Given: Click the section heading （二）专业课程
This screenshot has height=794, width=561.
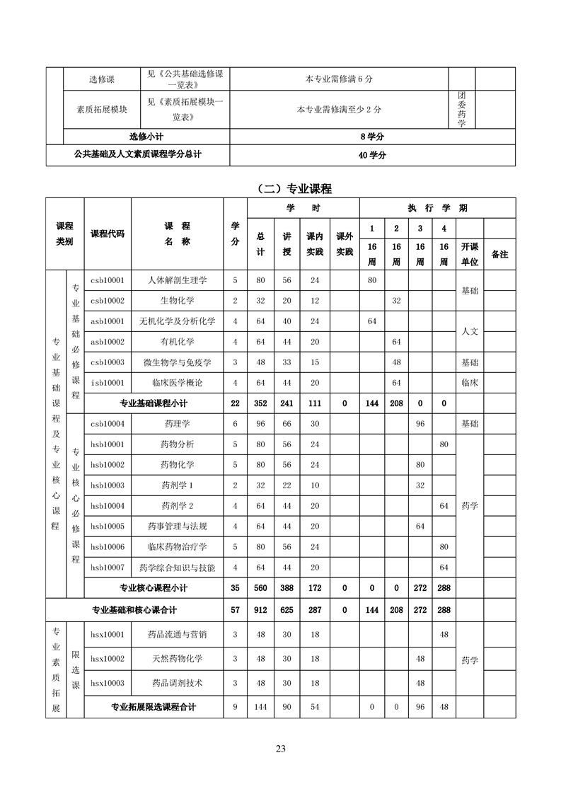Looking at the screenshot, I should pyautogui.click(x=296, y=188).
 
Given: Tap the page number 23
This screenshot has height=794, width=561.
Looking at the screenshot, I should pyautogui.click(x=281, y=749).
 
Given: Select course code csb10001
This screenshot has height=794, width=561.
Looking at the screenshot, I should pyautogui.click(x=108, y=280).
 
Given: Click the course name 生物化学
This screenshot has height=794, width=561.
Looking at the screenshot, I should pyautogui.click(x=178, y=301).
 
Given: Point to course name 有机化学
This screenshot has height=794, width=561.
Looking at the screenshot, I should pyautogui.click(x=178, y=342).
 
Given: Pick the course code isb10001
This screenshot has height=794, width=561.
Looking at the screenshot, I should pyautogui.click(x=108, y=383).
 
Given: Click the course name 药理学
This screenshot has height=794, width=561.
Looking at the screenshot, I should pyautogui.click(x=178, y=424).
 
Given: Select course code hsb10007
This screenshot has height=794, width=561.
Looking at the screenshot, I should pyautogui.click(x=108, y=568).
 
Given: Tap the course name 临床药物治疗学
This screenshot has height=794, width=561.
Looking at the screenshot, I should pyautogui.click(x=178, y=547).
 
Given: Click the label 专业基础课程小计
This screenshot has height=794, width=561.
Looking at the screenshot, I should pyautogui.click(x=154, y=403).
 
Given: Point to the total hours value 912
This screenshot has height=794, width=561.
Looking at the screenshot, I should pyautogui.click(x=261, y=609).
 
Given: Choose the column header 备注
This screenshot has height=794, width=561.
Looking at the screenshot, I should pyautogui.click(x=499, y=254).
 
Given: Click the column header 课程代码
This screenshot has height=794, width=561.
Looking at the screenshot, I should pyautogui.click(x=108, y=234).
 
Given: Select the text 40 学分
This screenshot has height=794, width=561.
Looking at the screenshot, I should pyautogui.click(x=372, y=156).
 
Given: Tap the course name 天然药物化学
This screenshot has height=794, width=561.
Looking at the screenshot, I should pyautogui.click(x=178, y=660).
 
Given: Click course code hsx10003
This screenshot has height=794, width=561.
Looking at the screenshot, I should pyautogui.click(x=108, y=684).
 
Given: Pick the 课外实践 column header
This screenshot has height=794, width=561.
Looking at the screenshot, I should pyautogui.click(x=345, y=244).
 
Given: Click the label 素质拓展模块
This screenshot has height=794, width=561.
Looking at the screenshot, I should pyautogui.click(x=102, y=110).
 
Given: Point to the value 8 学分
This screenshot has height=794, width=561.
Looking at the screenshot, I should pyautogui.click(x=372, y=137).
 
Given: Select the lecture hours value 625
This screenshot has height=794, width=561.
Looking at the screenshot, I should pyautogui.click(x=287, y=609).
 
